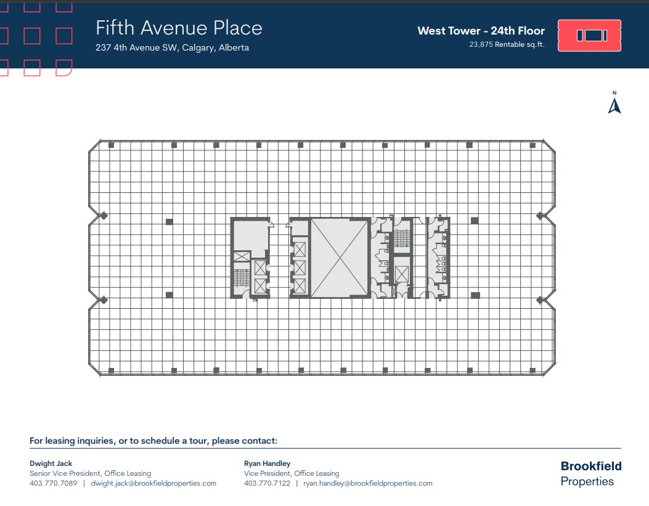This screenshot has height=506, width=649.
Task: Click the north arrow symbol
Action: click(x=614, y=105)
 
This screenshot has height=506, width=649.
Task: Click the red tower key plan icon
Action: click(x=589, y=35)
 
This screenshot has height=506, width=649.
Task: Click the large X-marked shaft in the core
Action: click(x=340, y=258)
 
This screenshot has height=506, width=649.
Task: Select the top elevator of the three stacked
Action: click(x=300, y=250)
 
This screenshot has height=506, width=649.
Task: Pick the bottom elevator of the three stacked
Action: click(x=300, y=285)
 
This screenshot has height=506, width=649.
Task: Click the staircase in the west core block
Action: click(x=241, y=277)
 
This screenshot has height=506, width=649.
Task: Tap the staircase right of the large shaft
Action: click(x=402, y=237)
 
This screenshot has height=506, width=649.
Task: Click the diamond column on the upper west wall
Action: click(x=104, y=216)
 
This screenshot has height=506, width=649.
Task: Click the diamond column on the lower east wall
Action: click(x=540, y=300)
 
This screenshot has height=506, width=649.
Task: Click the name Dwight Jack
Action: click(x=51, y=463)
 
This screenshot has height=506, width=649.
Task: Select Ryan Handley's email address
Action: click(x=367, y=483)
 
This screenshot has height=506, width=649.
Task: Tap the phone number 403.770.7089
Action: click(x=53, y=483)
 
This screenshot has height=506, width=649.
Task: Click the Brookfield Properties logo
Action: click(x=590, y=473)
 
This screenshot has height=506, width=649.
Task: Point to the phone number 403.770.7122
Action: click(x=267, y=483)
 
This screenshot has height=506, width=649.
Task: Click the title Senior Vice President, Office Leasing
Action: click(x=90, y=473)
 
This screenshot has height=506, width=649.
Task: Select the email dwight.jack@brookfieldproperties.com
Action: click(x=153, y=483)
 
